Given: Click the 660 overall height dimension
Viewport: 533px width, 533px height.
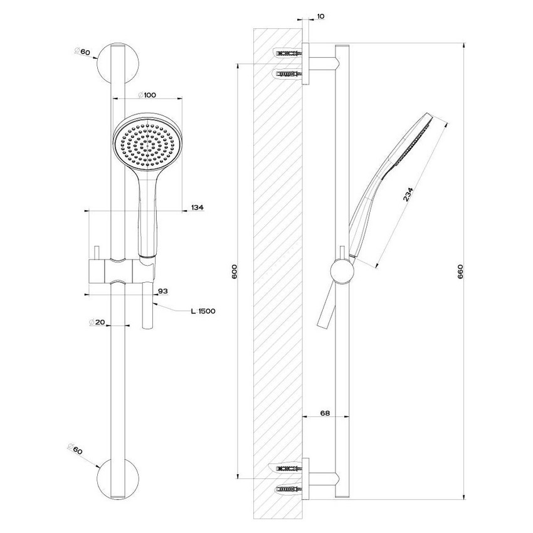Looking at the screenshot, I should [460, 271].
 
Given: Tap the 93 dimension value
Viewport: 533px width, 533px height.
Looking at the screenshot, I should [162, 290].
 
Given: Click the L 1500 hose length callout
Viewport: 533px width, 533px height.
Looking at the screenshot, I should [203, 310].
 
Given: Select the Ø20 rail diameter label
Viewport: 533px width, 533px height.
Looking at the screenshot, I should [98, 322].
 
